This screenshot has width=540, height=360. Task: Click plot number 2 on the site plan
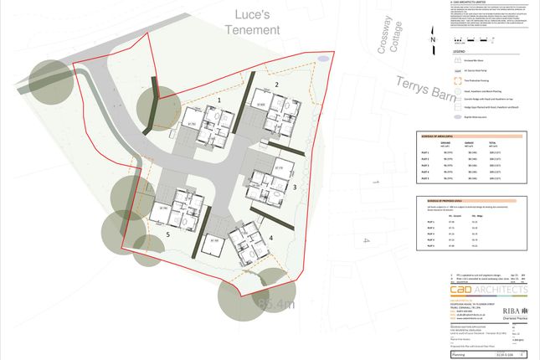point(276,85)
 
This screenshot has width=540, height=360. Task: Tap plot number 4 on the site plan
point(270,215)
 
